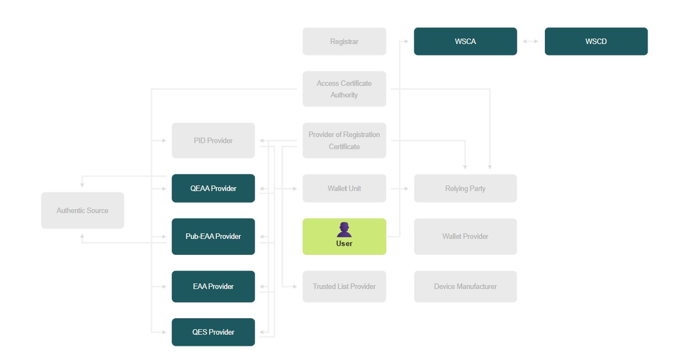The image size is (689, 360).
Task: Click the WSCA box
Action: pyautogui.click(x=465, y=41)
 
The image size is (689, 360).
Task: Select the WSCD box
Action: pyautogui.click(x=596, y=41)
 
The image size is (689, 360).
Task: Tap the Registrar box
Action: pyautogui.click(x=344, y=41)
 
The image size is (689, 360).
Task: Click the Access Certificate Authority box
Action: pyautogui.click(x=344, y=89)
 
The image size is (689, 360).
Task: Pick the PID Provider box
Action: pyautogui.click(x=213, y=140)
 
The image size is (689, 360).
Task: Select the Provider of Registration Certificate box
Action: pyautogui.click(x=344, y=140)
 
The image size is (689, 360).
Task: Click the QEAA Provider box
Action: pyautogui.click(x=213, y=188)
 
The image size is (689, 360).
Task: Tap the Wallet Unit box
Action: pyautogui.click(x=344, y=188)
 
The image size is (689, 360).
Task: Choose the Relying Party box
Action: pyautogui.click(x=465, y=188)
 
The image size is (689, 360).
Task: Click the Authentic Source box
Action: pyautogui.click(x=82, y=210)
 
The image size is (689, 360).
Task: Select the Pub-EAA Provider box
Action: pyautogui.click(x=213, y=236)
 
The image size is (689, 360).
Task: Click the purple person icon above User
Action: pyautogui.click(x=344, y=230)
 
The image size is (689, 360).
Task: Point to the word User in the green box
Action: pyautogui.click(x=344, y=243)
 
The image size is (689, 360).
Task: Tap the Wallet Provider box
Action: pyautogui.click(x=465, y=236)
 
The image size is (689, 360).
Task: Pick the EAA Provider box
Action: pyautogui.click(x=213, y=286)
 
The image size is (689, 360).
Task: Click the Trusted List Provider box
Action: pyautogui.click(x=344, y=286)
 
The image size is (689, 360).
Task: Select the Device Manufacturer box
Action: pyautogui.click(x=465, y=286)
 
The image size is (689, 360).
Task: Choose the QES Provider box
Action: pyautogui.click(x=213, y=332)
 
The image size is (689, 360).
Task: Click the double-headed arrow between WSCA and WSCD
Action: pyautogui.click(x=531, y=41)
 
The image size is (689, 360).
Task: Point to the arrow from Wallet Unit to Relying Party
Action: pyautogui.click(x=400, y=188)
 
